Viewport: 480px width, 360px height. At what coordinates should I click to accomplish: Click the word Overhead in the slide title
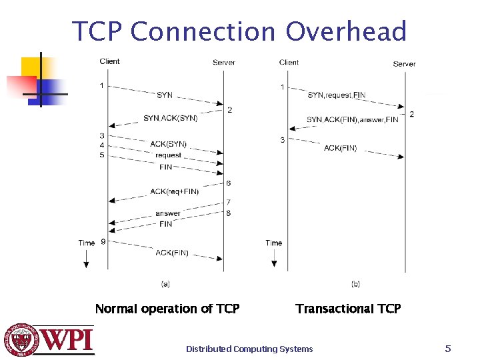(346, 31)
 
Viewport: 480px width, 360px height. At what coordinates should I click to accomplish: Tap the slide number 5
(448, 348)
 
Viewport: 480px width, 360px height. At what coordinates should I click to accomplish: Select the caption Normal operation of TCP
(167, 309)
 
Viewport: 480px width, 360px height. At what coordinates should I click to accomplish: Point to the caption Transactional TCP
(348, 309)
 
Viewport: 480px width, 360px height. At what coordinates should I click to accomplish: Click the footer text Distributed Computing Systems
(249, 349)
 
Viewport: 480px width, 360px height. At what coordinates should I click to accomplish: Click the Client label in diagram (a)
(109, 61)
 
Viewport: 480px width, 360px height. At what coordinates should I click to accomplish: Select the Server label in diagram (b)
(404, 64)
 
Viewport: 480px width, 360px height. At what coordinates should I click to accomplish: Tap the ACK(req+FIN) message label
(175, 192)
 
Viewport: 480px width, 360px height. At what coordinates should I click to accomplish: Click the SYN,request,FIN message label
(336, 95)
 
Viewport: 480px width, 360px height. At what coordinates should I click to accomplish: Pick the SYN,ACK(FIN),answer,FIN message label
(352, 120)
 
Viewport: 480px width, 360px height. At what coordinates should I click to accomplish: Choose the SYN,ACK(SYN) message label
(170, 118)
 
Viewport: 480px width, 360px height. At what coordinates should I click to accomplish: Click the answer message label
(167, 213)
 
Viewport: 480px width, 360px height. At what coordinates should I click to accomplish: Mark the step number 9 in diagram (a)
(103, 242)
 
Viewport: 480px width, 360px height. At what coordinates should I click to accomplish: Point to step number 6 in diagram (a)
(229, 183)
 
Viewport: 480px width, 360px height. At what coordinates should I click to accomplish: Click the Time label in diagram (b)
(273, 243)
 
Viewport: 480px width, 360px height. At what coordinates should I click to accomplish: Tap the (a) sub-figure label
(165, 284)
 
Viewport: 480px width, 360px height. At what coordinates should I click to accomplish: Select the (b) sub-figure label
(355, 284)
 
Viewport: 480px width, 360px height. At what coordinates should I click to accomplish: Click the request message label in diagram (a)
(168, 155)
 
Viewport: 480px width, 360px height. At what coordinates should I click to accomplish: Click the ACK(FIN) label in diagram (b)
(340, 148)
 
